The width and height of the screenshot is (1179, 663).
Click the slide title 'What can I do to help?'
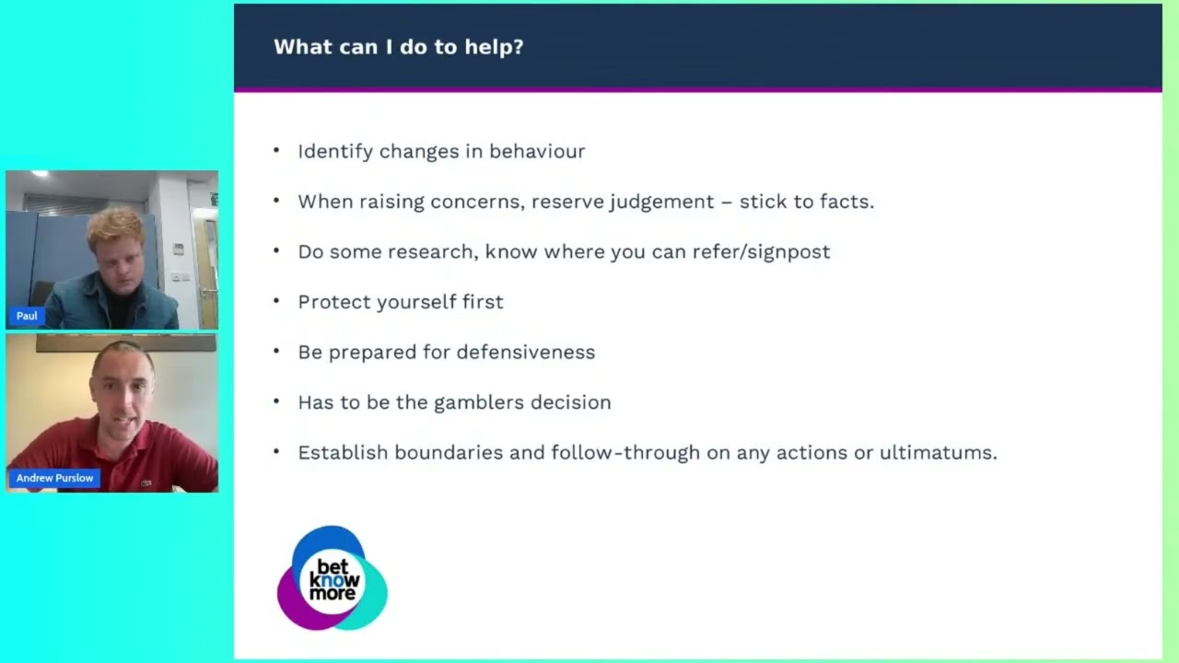pos(399,47)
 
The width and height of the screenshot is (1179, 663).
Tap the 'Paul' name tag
pos(27,316)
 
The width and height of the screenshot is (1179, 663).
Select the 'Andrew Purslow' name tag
pos(54,478)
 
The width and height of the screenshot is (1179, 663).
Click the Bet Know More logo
pos(333,577)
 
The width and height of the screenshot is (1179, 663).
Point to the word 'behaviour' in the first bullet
pos(537,152)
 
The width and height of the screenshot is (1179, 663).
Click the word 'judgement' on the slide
pos(662,202)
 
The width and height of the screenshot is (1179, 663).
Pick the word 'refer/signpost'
pos(761,252)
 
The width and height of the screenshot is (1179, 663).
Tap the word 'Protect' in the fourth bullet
pos(334,302)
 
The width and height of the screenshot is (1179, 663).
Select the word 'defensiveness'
pos(525,352)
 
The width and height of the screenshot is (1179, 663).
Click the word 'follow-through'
pos(625,452)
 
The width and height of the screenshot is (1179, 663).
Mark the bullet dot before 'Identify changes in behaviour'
pos(276,151)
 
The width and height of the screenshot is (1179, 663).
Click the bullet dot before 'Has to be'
pos(276,402)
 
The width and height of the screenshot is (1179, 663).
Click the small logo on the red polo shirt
pos(146,483)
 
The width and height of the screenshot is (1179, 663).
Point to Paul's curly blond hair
pos(116,227)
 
